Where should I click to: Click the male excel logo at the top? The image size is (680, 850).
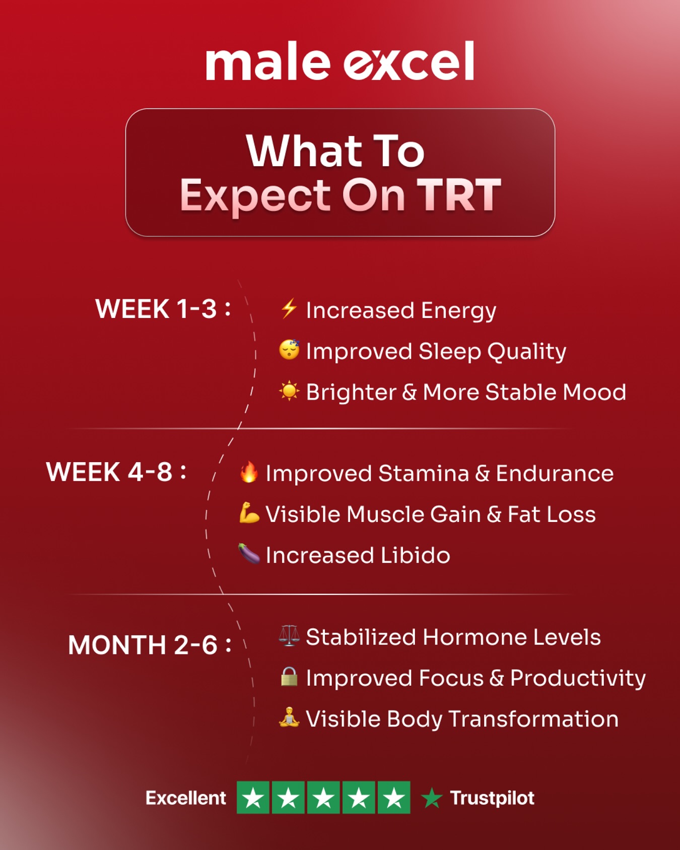click(340, 61)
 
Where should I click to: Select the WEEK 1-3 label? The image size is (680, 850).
click(163, 309)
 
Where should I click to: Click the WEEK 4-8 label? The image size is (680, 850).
click(116, 472)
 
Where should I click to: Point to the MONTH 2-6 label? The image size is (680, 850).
click(150, 645)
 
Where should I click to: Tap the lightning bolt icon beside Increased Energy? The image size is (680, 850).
click(289, 308)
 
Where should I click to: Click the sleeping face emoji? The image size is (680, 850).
click(289, 349)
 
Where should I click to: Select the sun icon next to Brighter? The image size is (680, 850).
click(289, 391)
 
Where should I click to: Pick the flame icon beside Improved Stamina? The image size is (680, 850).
click(249, 472)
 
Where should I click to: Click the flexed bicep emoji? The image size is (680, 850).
click(249, 513)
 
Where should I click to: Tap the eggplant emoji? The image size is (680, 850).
click(249, 554)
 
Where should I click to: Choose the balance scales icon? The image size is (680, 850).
click(289, 635)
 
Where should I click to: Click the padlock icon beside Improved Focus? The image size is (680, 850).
click(289, 677)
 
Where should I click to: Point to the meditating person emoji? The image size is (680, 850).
click(289, 717)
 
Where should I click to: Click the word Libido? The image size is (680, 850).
click(416, 555)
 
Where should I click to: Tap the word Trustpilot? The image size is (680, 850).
click(492, 798)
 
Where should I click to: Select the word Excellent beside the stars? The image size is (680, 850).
click(186, 798)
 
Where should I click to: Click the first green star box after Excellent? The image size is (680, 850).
click(253, 798)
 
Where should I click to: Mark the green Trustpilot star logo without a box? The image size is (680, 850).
click(432, 798)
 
